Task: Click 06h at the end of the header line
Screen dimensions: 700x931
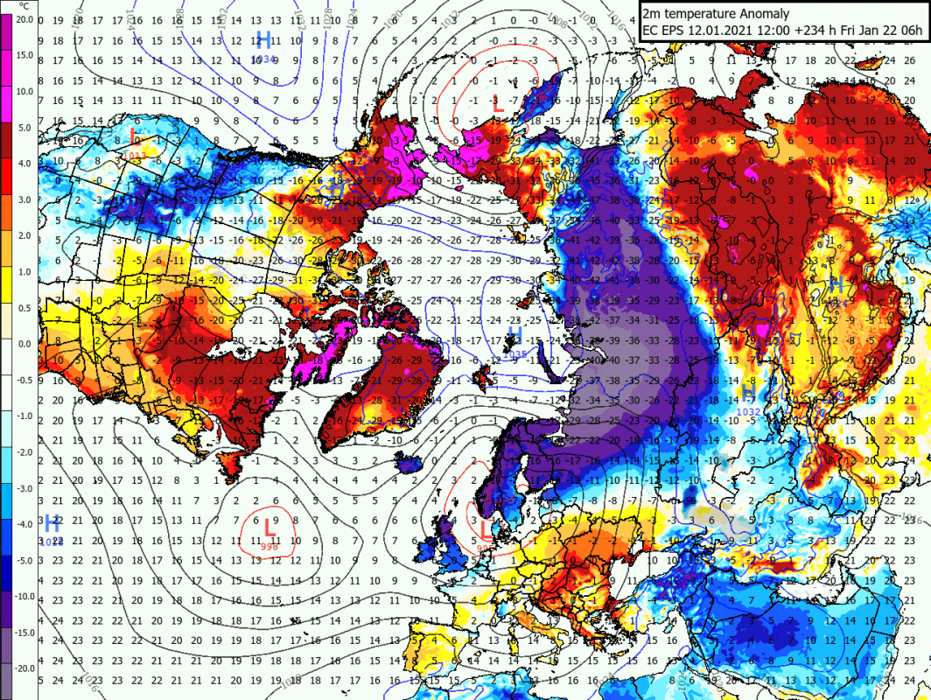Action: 911,31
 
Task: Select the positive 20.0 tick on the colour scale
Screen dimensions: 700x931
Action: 24,19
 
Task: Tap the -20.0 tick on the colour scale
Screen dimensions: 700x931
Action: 24,668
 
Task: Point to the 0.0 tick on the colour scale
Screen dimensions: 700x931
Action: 24,344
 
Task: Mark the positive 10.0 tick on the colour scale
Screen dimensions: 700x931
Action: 24,91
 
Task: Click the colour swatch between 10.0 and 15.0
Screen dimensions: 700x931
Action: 6,73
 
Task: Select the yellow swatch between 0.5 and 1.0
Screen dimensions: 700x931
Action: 6,289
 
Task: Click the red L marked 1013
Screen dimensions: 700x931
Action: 132,136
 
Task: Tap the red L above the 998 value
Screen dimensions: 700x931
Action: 269,528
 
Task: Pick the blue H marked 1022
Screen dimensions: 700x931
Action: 51,525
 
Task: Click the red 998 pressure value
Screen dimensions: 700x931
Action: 270,546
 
